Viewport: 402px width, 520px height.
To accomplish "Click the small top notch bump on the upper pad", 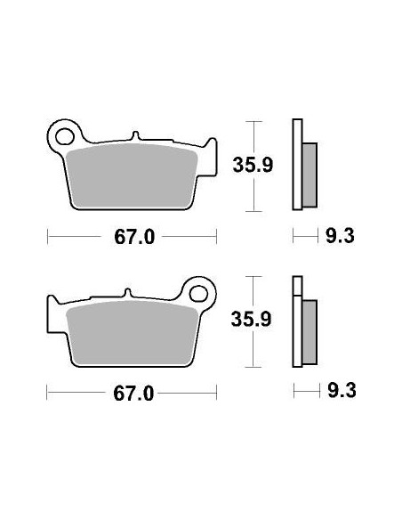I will (x=135, y=136).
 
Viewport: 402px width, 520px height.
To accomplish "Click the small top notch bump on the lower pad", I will (x=128, y=293).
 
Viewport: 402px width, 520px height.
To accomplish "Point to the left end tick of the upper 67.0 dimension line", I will (x=47, y=237).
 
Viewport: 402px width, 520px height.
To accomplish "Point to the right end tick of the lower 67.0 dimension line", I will (x=217, y=392).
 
